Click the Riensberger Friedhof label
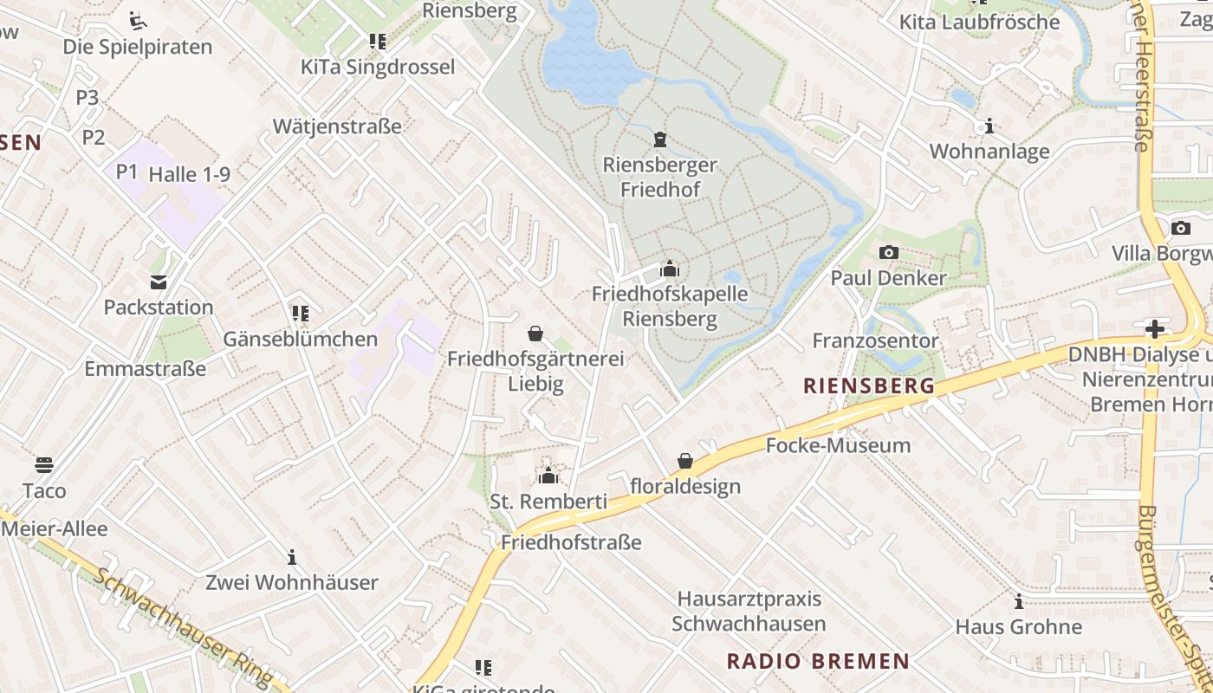click(x=659, y=177)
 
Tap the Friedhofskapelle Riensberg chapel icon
click(x=669, y=269)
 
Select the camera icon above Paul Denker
click(x=888, y=253)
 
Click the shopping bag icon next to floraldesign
click(x=685, y=461)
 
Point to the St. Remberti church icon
click(x=548, y=476)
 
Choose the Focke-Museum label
click(x=838, y=446)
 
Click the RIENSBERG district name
click(x=869, y=385)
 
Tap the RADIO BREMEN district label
click(x=818, y=662)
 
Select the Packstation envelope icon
click(x=159, y=282)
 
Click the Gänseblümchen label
click(x=301, y=339)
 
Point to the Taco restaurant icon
click(x=44, y=465)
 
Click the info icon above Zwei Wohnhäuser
click(x=292, y=557)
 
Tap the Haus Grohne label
click(x=1018, y=626)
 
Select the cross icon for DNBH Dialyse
click(x=1154, y=329)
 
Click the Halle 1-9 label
click(x=189, y=174)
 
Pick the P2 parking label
click(x=94, y=137)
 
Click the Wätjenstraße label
click(x=337, y=126)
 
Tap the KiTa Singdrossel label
click(x=377, y=67)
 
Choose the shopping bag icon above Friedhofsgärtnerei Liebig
click(x=535, y=334)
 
